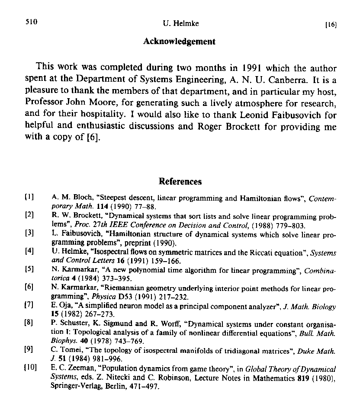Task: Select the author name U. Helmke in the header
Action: coord(180,24)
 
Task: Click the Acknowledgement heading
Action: coord(179,42)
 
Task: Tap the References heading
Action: coord(180,182)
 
